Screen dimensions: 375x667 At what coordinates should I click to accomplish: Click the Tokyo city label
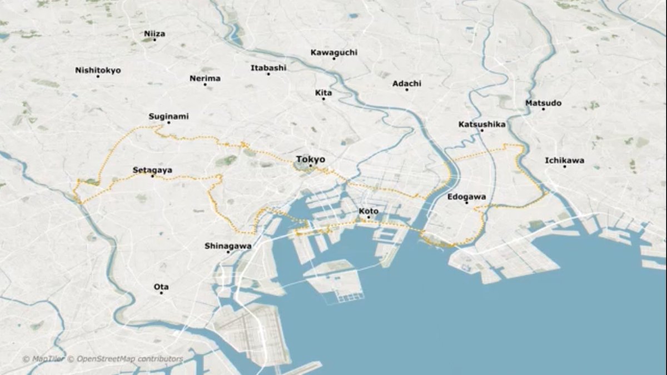coord(310,159)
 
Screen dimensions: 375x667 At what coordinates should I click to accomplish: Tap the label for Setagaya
coord(152,169)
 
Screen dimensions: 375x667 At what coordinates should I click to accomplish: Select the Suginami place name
coord(168,116)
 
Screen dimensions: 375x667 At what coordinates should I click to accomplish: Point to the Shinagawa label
coord(228,246)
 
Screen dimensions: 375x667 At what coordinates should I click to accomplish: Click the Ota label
coord(161,287)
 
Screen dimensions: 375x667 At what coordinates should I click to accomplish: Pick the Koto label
coord(369,211)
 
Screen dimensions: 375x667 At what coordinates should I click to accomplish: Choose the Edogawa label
coord(466,197)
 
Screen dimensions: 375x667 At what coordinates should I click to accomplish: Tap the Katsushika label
coord(482,124)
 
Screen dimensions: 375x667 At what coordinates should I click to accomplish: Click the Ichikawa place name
coord(564,161)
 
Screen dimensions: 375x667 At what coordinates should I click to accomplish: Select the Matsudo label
coord(543,103)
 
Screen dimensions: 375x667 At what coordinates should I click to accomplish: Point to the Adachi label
coord(407,83)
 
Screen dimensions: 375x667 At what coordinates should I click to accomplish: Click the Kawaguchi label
coord(333,52)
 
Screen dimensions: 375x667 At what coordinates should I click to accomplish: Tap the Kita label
coord(323,93)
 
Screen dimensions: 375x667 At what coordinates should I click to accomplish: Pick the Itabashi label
coord(268,68)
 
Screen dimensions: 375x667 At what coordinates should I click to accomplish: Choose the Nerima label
coord(205,78)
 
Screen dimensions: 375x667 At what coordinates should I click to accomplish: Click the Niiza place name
coord(155,33)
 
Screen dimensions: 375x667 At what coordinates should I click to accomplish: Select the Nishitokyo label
coord(98,70)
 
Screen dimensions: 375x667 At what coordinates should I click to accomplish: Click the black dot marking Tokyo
coord(311,166)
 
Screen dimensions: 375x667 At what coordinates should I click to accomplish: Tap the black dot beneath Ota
coord(161,293)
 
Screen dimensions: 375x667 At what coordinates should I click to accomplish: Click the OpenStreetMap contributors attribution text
coord(130,359)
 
